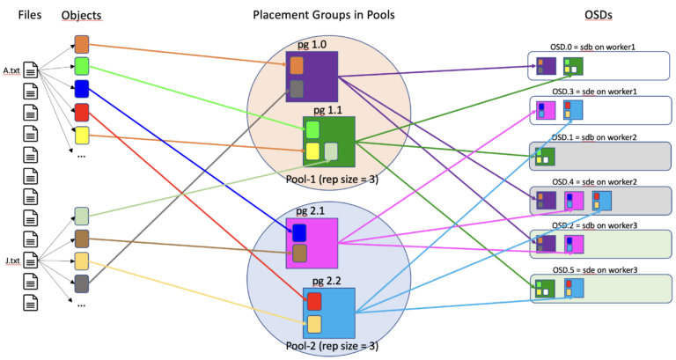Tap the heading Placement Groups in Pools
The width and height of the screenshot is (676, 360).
312,16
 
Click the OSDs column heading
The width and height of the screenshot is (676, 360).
598,16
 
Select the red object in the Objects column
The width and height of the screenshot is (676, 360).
82,112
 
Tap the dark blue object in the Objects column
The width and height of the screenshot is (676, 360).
82,88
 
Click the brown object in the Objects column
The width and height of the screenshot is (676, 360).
82,238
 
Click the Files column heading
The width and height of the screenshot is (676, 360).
30,16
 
